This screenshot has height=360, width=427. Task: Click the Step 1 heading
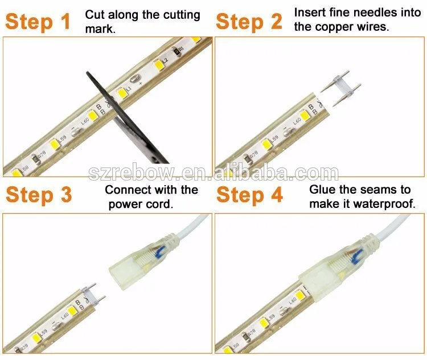38,22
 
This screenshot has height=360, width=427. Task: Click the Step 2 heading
249,22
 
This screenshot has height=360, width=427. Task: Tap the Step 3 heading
39,195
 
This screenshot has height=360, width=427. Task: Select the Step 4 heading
250,195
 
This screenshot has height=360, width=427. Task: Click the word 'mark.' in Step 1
100,29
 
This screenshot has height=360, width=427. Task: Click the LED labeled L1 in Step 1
121,93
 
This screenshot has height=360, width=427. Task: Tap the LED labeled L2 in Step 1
158,65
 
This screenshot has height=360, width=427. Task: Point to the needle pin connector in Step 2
341,88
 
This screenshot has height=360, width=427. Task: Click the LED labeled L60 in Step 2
305,116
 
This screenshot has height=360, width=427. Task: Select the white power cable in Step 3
191,226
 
